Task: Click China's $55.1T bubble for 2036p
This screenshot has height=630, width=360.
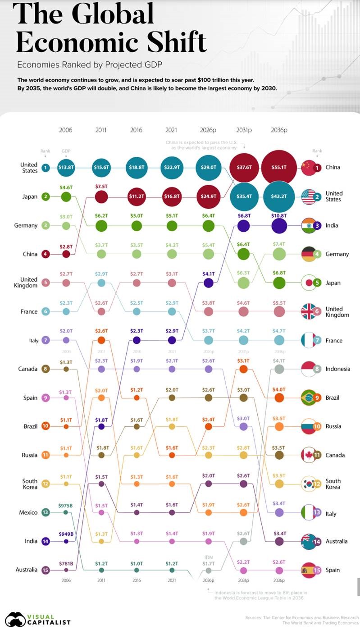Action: pyautogui.click(x=279, y=167)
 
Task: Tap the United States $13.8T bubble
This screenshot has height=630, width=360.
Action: pyautogui.click(x=66, y=167)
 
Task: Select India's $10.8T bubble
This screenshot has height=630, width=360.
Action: pyautogui.click(x=279, y=225)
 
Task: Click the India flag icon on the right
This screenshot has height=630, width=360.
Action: pyautogui.click(x=309, y=225)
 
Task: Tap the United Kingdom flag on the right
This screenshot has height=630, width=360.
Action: pyautogui.click(x=309, y=311)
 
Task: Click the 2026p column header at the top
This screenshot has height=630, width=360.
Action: pyautogui.click(x=208, y=130)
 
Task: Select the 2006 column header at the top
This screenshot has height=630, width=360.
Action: pyautogui.click(x=66, y=130)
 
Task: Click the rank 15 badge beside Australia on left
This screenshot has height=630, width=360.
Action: pyautogui.click(x=46, y=570)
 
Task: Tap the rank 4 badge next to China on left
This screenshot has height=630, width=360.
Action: pyautogui.click(x=46, y=254)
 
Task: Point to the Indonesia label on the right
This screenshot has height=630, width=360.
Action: pyautogui.click(x=337, y=369)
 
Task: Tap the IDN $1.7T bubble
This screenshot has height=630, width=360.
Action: pyautogui.click(x=208, y=570)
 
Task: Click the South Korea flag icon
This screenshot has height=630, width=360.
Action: pyautogui.click(x=309, y=484)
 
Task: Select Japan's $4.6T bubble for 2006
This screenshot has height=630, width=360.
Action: pyautogui.click(x=66, y=196)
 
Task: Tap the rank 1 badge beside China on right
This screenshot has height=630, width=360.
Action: pyautogui.click(x=318, y=167)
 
